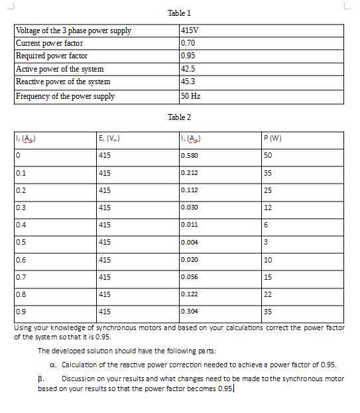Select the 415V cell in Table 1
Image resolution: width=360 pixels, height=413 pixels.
[x=190, y=30]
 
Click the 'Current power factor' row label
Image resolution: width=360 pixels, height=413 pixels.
[x=49, y=43]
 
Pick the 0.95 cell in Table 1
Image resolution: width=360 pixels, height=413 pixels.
[x=188, y=56]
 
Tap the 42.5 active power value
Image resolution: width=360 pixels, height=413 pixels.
[x=188, y=69]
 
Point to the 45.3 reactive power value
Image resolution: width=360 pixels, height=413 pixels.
[x=188, y=82]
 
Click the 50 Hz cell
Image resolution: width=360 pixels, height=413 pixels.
[x=190, y=96]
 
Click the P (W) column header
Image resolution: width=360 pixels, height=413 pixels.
[x=272, y=139]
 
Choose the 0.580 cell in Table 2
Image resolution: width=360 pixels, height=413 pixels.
[x=189, y=156]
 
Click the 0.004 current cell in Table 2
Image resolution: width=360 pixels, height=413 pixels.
[x=189, y=242]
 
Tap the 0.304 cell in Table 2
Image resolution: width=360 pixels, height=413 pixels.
[x=189, y=311]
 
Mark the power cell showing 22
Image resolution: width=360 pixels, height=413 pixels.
[x=268, y=294]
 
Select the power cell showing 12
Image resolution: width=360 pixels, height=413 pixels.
[x=268, y=207]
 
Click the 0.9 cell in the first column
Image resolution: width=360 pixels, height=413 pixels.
[x=21, y=311]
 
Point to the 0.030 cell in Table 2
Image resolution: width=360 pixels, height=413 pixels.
[x=189, y=207]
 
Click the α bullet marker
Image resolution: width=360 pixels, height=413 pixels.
[x=53, y=365]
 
